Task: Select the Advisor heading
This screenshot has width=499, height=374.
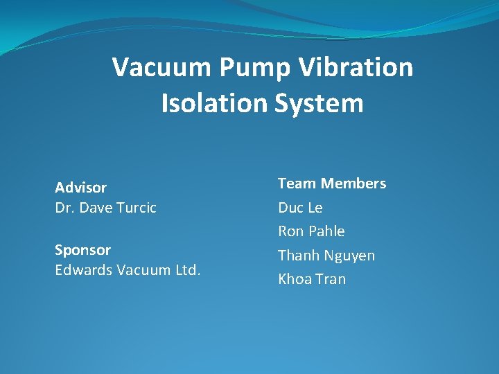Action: click(x=81, y=188)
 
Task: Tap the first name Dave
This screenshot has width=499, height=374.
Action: click(x=96, y=207)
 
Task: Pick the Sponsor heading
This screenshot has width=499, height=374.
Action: click(x=82, y=249)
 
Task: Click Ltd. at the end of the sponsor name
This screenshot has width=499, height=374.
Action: click(x=186, y=269)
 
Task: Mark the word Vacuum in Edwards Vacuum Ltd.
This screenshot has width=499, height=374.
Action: click(x=141, y=269)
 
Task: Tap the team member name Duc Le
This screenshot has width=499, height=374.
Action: click(x=300, y=208)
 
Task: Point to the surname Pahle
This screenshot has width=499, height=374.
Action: click(x=326, y=231)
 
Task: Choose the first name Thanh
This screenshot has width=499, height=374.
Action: click(x=298, y=256)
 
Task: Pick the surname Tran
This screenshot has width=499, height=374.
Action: click(x=331, y=279)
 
